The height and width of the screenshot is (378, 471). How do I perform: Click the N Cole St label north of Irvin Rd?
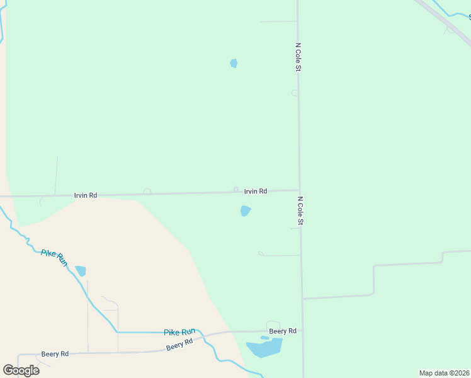[297, 57]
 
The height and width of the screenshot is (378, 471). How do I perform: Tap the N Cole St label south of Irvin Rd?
[300, 211]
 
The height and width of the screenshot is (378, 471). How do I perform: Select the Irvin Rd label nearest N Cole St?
[256, 191]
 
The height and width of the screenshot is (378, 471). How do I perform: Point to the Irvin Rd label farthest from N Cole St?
[86, 195]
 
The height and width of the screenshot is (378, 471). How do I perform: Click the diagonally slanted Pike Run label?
[54, 257]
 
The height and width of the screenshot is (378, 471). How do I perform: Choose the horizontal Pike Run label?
[179, 332]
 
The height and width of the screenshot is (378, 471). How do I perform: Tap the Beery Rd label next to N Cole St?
[283, 331]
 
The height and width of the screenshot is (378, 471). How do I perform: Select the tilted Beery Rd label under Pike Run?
[179, 345]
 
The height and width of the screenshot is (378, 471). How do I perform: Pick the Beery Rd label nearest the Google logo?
[55, 354]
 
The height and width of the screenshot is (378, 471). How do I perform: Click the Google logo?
[21, 370]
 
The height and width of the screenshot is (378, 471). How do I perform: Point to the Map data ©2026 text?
[444, 373]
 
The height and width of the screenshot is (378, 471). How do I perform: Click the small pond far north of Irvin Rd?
[234, 63]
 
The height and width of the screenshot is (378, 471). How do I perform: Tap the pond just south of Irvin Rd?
[246, 211]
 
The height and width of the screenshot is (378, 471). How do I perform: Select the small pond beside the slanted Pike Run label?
[81, 271]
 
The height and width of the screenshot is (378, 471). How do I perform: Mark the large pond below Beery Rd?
[264, 347]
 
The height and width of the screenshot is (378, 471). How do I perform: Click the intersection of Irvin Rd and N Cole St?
[300, 190]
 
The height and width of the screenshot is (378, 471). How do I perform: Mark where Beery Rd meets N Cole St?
[302, 330]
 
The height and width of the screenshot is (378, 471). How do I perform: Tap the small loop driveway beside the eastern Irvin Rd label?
[236, 189]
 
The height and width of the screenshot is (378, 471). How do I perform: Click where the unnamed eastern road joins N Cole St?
[302, 298]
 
